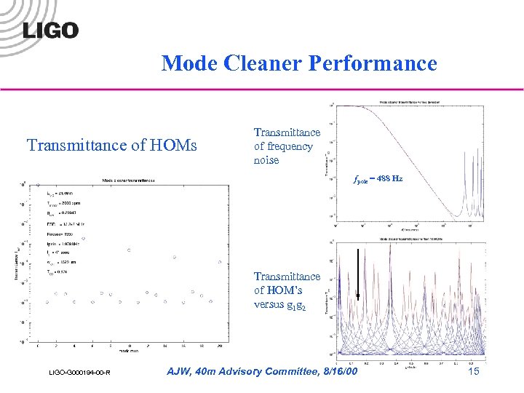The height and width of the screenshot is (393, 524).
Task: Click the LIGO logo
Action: click(x=50, y=30)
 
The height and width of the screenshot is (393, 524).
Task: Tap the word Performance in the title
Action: click(x=373, y=64)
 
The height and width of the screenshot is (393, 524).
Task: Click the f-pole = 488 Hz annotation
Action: click(x=378, y=178)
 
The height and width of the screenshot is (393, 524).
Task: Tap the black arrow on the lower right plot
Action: click(x=357, y=274)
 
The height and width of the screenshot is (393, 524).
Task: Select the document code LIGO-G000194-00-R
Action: click(x=76, y=373)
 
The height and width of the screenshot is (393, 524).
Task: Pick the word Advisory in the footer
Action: click(x=229, y=372)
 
